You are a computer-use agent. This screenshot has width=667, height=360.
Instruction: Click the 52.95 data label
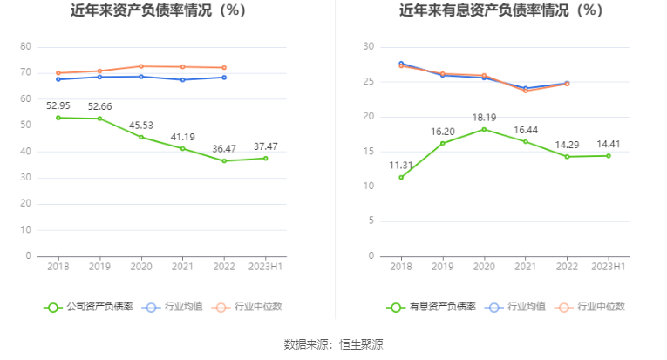pyautogui.click(x=58, y=105)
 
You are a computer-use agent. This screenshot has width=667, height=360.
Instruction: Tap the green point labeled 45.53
pyautogui.click(x=141, y=137)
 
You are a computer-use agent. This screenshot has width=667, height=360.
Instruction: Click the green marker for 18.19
pyautogui.click(x=484, y=129)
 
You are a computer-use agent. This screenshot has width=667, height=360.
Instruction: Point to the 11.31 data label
pyautogui.click(x=401, y=165)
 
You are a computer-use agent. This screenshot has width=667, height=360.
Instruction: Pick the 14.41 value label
pyautogui.click(x=608, y=144)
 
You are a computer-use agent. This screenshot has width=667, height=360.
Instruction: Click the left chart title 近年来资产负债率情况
pyautogui.click(x=159, y=11)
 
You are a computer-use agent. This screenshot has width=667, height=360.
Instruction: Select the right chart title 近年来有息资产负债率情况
pyautogui.click(x=500, y=11)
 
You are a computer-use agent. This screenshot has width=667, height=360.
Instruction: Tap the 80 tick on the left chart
pyautogui.click(x=25, y=46)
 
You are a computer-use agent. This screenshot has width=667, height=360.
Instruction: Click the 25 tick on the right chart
pyautogui.click(x=369, y=82)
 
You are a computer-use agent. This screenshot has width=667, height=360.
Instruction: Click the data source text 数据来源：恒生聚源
pyautogui.click(x=334, y=344)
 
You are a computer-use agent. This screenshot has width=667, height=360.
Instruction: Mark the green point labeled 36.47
pyautogui.click(x=224, y=160)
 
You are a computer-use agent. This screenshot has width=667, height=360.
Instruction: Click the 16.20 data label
pyautogui.click(x=442, y=131)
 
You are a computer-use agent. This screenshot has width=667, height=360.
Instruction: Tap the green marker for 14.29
pyautogui.click(x=567, y=157)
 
